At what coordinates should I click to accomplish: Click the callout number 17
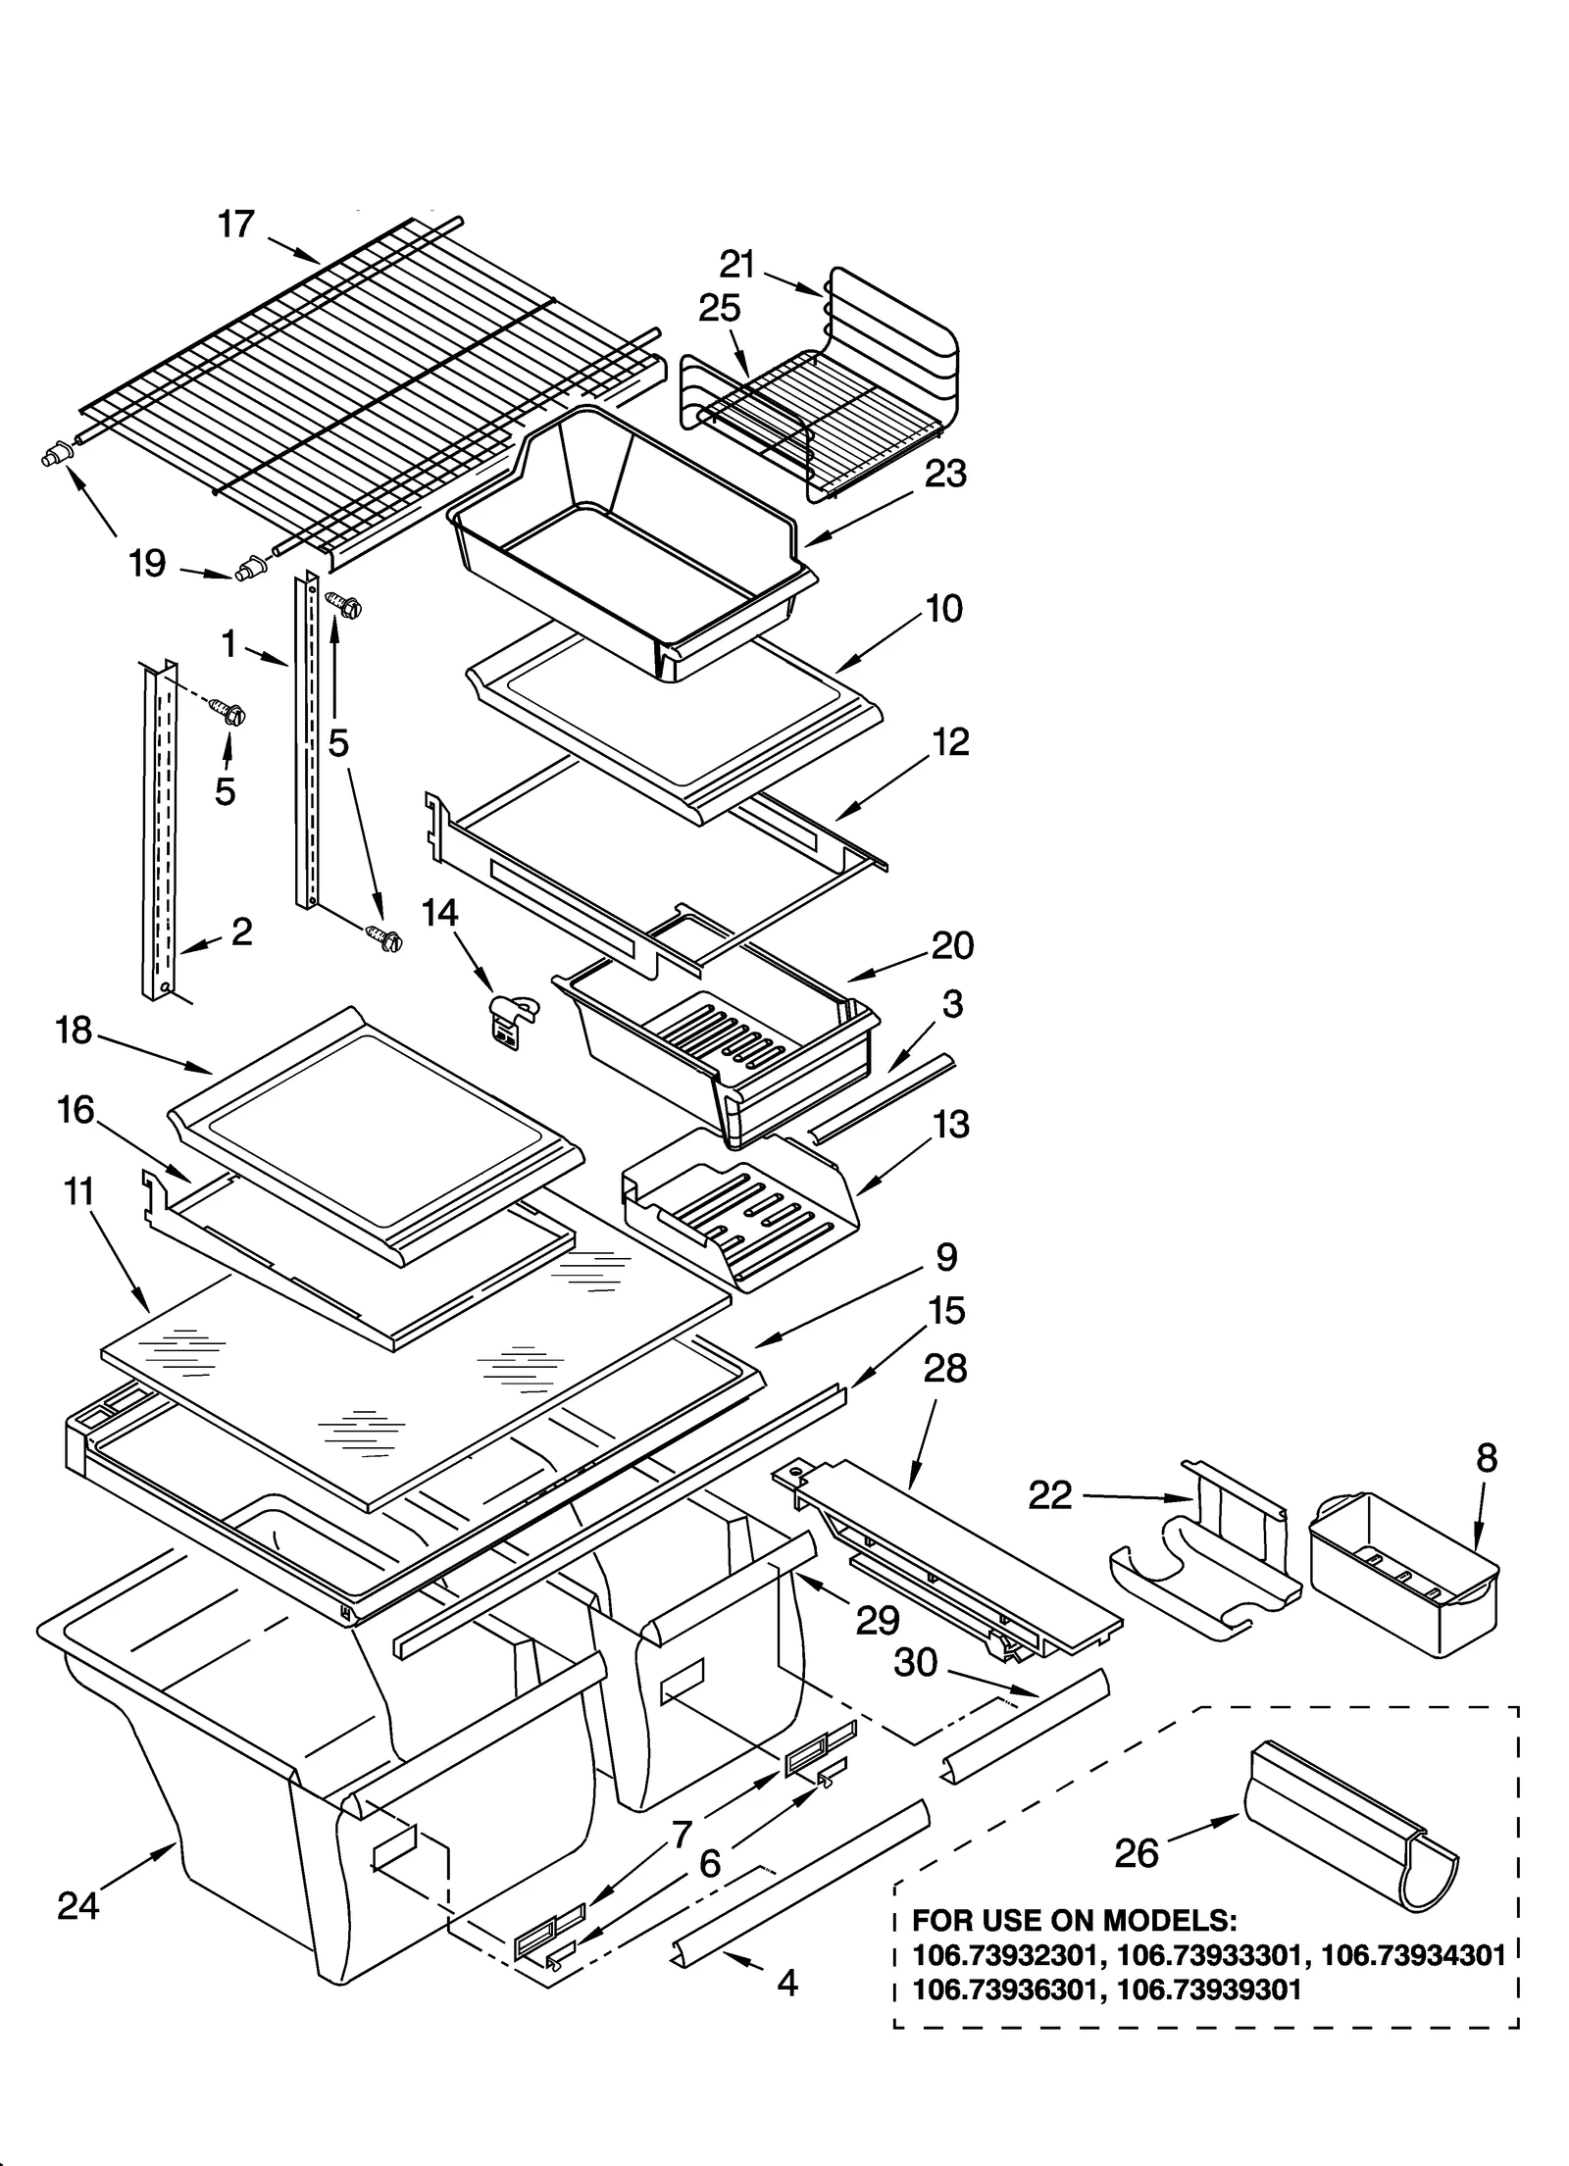pos(236,225)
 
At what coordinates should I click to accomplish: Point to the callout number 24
pos(78,1905)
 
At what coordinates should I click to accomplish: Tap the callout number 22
pos(1050,1495)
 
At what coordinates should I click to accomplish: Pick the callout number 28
pos(944,1368)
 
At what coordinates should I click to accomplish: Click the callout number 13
pos(951,1124)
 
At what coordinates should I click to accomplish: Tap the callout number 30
pos(916,1662)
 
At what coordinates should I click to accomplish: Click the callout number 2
pos(241,931)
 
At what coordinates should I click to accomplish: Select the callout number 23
pos(945,474)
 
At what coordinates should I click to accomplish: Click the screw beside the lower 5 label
pos(232,717)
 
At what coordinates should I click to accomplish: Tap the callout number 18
pos(75,1031)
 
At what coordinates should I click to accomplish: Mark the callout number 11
pos(78,1192)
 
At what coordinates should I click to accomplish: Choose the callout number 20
pos(952,945)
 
